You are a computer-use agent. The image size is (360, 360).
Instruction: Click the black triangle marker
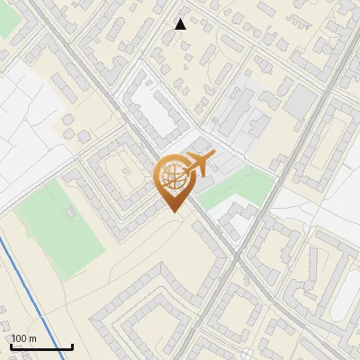(181, 24)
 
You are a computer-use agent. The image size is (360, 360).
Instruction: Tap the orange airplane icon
(197, 165)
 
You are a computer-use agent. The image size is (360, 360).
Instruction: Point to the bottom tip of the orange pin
(173, 211)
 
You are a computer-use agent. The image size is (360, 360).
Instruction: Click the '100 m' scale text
(24, 338)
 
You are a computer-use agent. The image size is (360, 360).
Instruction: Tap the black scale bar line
(41, 346)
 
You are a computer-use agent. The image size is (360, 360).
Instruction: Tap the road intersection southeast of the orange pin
(241, 256)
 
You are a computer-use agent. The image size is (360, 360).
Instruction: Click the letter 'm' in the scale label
(32, 338)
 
